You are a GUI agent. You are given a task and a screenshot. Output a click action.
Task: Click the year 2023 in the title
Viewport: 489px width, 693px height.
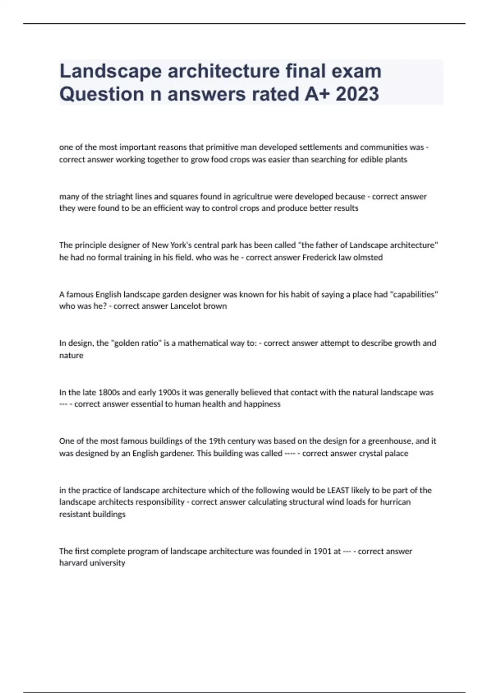[x=357, y=94]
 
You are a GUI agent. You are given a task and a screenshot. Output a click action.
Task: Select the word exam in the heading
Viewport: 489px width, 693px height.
[x=356, y=71]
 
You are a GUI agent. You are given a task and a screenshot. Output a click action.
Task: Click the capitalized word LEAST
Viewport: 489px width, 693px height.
[x=338, y=490]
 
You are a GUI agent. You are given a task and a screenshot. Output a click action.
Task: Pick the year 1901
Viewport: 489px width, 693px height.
[x=322, y=552]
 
